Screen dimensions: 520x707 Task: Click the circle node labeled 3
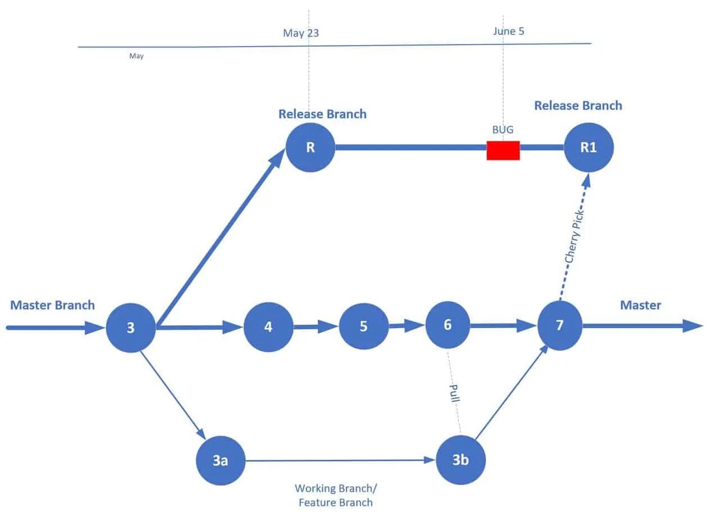pyautogui.click(x=130, y=328)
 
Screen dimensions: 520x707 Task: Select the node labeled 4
pyautogui.click(x=268, y=327)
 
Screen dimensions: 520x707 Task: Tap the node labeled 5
pyautogui.click(x=363, y=327)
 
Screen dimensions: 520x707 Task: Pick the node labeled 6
pyautogui.click(x=448, y=325)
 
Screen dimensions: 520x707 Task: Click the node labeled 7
pyautogui.click(x=560, y=326)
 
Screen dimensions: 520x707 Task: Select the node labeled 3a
pyautogui.click(x=220, y=460)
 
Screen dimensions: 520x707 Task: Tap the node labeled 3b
pyautogui.click(x=461, y=460)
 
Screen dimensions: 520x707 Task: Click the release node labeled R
pyautogui.click(x=310, y=148)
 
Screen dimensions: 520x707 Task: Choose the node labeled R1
pyautogui.click(x=588, y=148)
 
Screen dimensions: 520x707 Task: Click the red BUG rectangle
pyautogui.click(x=503, y=150)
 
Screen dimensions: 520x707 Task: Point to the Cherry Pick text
pyautogui.click(x=575, y=236)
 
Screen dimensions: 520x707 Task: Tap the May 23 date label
pyautogui.click(x=301, y=33)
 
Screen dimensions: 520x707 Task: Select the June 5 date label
pyautogui.click(x=508, y=32)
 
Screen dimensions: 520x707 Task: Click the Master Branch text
pyautogui.click(x=52, y=306)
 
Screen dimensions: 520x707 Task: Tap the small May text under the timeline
pyautogui.click(x=136, y=56)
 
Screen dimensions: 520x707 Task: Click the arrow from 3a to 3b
pyautogui.click(x=337, y=460)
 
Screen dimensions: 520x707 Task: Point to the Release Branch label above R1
pyautogui.click(x=578, y=106)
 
